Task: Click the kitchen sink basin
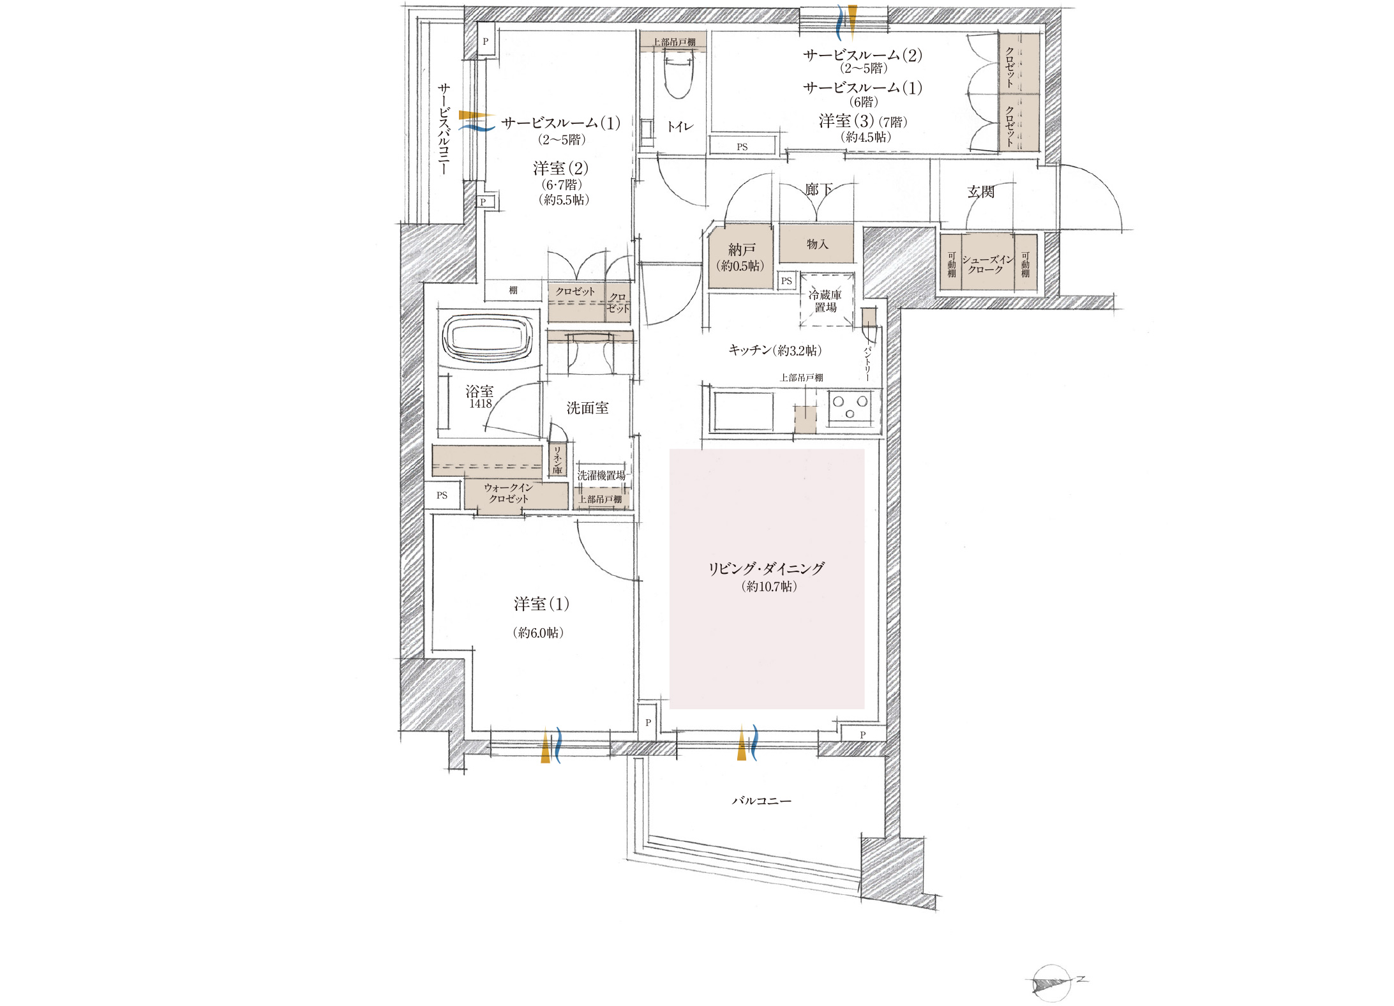(x=744, y=412)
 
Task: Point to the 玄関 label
(x=980, y=191)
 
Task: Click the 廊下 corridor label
(x=818, y=190)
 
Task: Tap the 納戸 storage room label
(x=742, y=250)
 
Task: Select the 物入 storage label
(x=817, y=244)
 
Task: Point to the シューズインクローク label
(x=987, y=264)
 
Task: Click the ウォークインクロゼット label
(x=509, y=493)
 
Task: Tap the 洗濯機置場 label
(x=601, y=476)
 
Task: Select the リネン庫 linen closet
(x=557, y=460)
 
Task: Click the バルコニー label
(x=761, y=800)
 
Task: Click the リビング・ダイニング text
(x=767, y=568)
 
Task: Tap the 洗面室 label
(x=587, y=408)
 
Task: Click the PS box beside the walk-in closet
(x=442, y=495)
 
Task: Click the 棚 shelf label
(x=513, y=290)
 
